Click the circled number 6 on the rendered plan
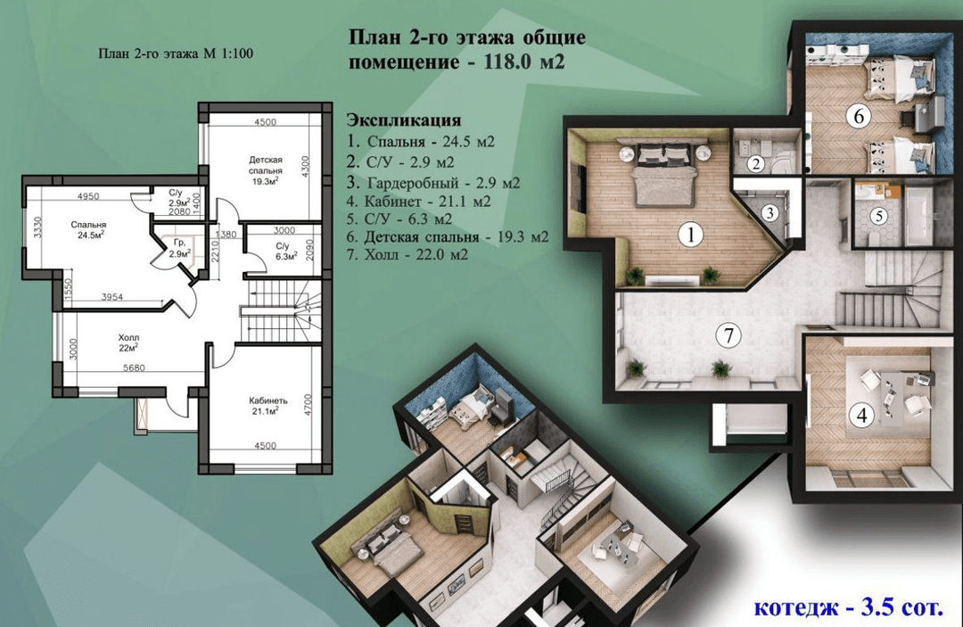point(859,115)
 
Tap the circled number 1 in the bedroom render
point(692,234)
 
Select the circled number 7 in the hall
point(729,335)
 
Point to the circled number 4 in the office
point(861,415)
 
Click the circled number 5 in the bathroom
point(879,216)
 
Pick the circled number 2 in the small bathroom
point(755,163)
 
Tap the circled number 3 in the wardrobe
point(770,213)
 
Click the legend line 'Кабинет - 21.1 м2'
point(419,201)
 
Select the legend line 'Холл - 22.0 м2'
point(407,253)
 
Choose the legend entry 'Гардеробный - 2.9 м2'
point(433,182)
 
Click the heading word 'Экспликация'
point(404,120)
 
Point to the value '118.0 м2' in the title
point(524,62)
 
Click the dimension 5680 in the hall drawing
point(134,367)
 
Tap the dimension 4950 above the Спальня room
point(88,196)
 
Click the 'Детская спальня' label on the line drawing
point(266,165)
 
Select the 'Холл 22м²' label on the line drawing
point(128,342)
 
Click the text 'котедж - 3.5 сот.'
point(848,607)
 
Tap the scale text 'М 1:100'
point(228,54)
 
